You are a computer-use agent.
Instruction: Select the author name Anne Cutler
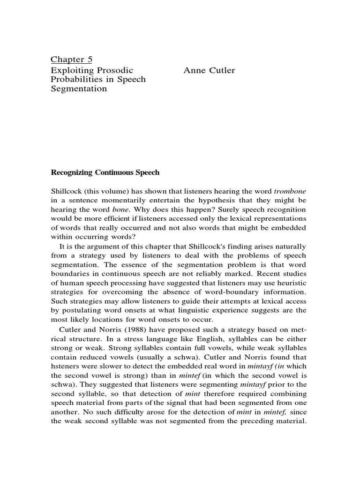pos(209,70)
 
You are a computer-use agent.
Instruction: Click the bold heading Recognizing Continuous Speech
pos(105,172)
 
